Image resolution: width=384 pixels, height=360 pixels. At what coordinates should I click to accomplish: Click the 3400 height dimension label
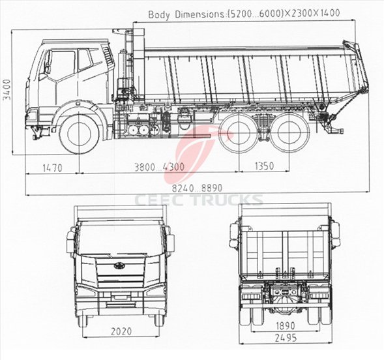(7, 89)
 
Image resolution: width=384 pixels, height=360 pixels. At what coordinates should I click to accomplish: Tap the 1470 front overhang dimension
(52, 168)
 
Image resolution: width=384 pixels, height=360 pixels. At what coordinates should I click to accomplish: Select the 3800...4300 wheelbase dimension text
(159, 167)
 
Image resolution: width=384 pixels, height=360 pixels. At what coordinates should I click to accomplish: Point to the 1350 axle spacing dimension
(264, 166)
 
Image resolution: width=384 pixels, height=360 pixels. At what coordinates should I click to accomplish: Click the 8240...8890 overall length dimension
(197, 188)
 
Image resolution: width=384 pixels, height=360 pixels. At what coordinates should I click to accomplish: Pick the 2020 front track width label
(121, 331)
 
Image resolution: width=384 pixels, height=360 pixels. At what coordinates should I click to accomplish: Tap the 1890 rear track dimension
(286, 326)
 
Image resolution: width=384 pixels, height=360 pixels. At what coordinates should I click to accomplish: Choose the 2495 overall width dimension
(286, 338)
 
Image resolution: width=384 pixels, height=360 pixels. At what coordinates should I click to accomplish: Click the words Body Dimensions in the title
(186, 14)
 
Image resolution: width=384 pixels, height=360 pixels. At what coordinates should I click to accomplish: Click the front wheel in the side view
(80, 134)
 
